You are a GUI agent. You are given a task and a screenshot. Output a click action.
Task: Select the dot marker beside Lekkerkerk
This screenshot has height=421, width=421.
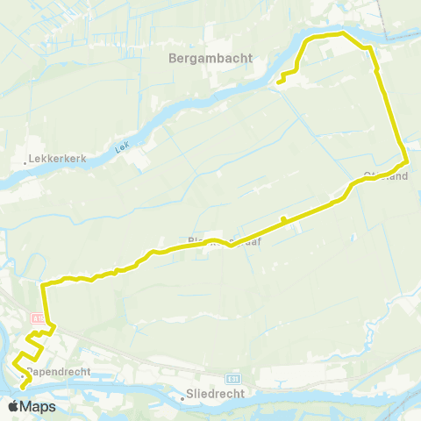tap(25, 162)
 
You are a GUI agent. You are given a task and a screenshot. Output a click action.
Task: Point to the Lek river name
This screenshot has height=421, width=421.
tap(121, 150)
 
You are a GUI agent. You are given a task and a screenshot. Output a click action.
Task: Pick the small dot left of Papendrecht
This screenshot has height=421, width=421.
tap(24, 373)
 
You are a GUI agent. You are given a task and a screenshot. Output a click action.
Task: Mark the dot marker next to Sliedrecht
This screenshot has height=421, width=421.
tap(182, 397)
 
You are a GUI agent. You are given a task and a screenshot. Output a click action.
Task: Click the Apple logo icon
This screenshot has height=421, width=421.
tap(14, 407)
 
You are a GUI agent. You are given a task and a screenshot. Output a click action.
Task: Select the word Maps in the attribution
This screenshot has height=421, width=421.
tap(39, 407)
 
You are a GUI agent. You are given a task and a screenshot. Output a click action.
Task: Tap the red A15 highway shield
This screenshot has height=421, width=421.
tap(38, 318)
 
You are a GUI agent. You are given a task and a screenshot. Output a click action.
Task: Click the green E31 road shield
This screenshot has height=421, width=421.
tap(232, 378)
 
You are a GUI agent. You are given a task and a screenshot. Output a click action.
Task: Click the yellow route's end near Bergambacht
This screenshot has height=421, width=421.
tap(278, 82)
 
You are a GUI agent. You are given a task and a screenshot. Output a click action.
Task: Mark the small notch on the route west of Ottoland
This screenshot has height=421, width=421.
tap(283, 219)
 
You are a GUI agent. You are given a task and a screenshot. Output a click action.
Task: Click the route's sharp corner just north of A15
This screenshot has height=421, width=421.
tap(42, 284)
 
